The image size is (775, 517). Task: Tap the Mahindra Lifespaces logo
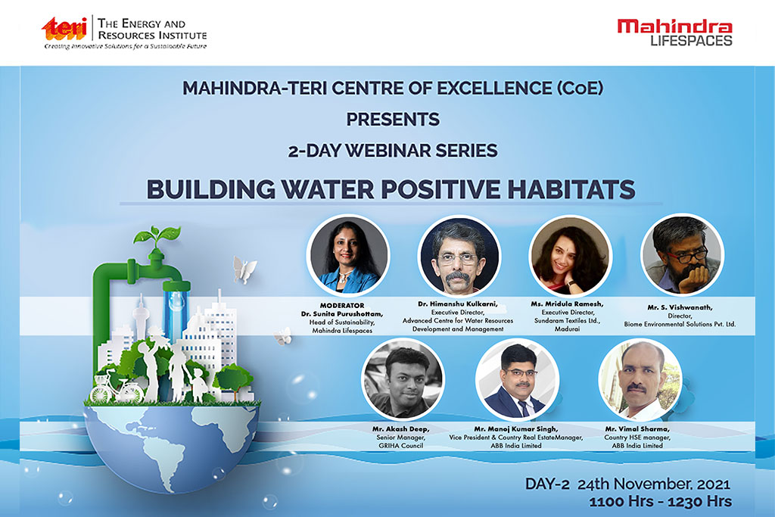tap(674, 33)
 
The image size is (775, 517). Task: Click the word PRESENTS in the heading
tap(393, 119)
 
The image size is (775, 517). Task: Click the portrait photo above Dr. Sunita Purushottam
tap(348, 256)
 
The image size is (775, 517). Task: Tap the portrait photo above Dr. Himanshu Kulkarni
tap(459, 256)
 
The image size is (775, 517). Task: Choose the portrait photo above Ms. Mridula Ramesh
tap(571, 256)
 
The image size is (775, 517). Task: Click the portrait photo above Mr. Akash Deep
tap(403, 379)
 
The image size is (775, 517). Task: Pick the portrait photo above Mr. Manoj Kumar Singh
tap(517, 379)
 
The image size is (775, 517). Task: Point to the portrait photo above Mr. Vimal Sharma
tap(640, 379)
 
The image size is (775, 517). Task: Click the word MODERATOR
tap(342, 306)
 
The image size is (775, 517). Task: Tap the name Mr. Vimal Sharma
tap(637, 429)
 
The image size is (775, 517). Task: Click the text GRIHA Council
tap(401, 446)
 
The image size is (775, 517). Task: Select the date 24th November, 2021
tap(653, 484)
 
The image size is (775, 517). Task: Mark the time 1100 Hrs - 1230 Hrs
tap(660, 501)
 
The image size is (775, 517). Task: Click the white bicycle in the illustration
tap(117, 388)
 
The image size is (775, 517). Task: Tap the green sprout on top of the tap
tap(157, 237)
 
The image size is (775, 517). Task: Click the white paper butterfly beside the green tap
tap(244, 270)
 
